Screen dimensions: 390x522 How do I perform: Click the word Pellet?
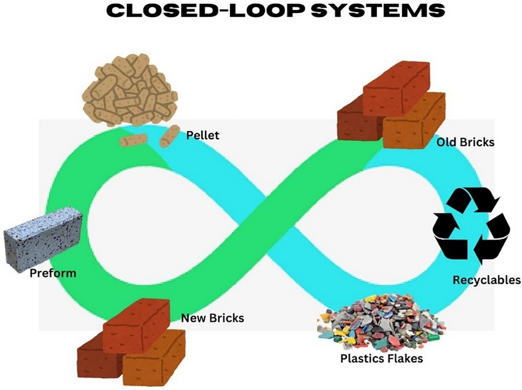pos(202,135)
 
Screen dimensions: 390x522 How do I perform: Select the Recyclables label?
pos(486,280)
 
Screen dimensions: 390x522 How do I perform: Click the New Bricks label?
pos(212,318)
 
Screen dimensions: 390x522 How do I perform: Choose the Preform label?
pos(53,273)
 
